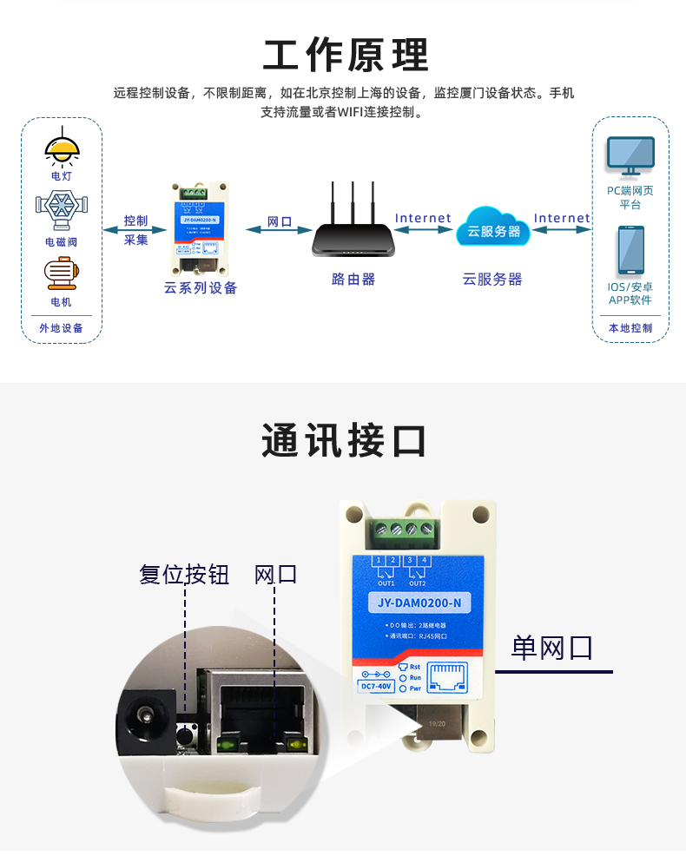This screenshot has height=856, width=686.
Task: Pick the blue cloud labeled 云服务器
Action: coord(493,227)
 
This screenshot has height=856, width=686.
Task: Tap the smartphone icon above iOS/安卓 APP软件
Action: coord(630,251)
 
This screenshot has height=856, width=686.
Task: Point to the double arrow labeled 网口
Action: coord(279,230)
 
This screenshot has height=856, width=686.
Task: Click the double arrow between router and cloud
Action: coord(423,230)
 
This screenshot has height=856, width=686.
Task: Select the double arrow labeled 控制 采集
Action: coord(135,230)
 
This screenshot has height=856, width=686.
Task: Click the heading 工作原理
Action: coord(346,56)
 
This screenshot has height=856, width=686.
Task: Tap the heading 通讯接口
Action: coord(344,441)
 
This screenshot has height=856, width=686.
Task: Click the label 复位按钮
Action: coord(184,574)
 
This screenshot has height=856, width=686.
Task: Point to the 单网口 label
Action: coord(551,648)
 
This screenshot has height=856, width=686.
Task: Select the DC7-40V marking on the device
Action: coord(377,686)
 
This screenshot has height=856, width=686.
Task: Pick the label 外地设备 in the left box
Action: coord(62,328)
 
